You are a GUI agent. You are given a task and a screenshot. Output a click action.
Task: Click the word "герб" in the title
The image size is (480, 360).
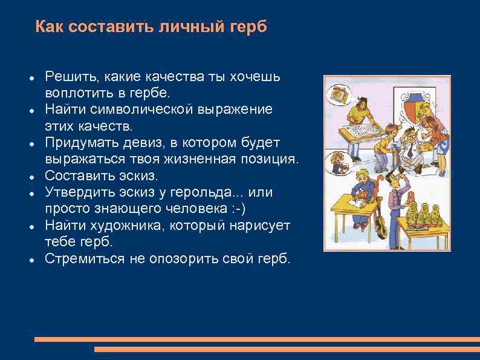[x=248, y=27]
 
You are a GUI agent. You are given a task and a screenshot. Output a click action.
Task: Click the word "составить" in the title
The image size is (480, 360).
[x=108, y=27]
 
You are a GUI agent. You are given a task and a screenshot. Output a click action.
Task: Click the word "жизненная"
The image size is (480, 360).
[x=203, y=159]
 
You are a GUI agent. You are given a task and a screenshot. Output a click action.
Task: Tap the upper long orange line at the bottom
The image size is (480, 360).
[x=257, y=339]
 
